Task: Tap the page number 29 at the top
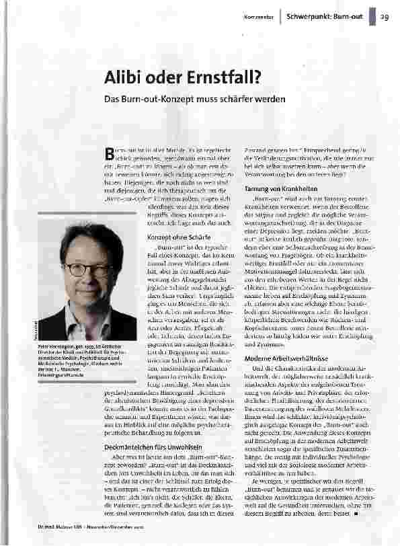(x=384, y=16)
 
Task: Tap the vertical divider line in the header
(x=280, y=16)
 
